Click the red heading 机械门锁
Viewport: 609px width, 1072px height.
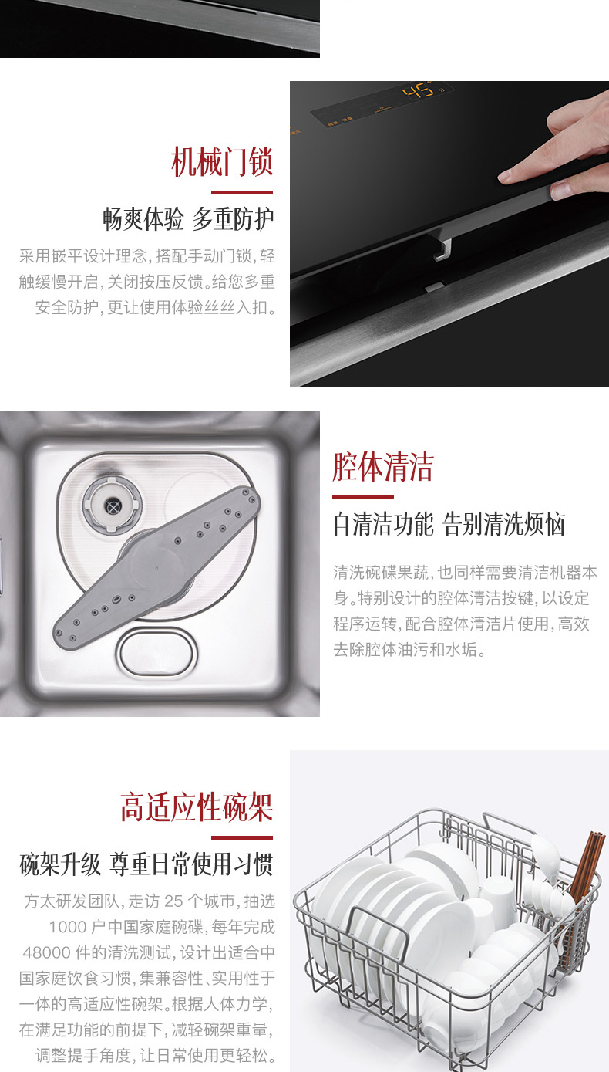point(222,162)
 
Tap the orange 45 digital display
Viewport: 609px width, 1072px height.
point(417,90)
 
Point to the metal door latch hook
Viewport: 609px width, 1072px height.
point(443,249)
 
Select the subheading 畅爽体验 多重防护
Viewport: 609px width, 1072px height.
point(188,218)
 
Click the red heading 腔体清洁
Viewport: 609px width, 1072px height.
point(383,467)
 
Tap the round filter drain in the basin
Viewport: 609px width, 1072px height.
point(113,505)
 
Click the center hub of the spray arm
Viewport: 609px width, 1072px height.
point(156,568)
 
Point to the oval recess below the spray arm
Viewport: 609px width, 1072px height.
point(156,653)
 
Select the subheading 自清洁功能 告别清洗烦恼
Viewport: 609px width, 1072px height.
point(449,524)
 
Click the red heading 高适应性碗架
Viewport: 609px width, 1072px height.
point(197,807)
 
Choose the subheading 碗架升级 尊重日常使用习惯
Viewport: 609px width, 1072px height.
point(146,864)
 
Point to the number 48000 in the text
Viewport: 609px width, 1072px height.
point(47,952)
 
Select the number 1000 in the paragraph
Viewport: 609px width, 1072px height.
point(67,927)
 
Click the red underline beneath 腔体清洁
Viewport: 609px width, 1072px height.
point(363,497)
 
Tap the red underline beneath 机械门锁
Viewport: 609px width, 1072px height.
point(242,192)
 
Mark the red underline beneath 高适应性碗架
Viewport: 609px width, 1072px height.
point(242,837)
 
